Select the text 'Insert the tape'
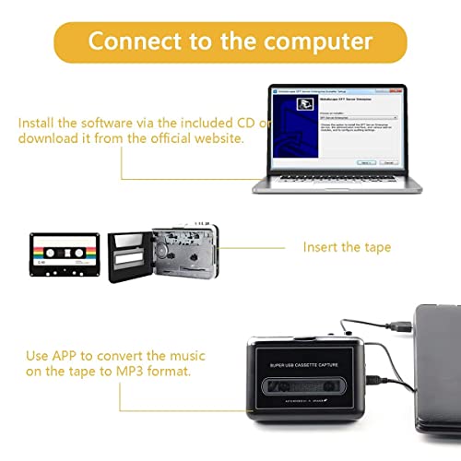tap(347, 247)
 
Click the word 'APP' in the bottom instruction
tap(73, 356)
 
